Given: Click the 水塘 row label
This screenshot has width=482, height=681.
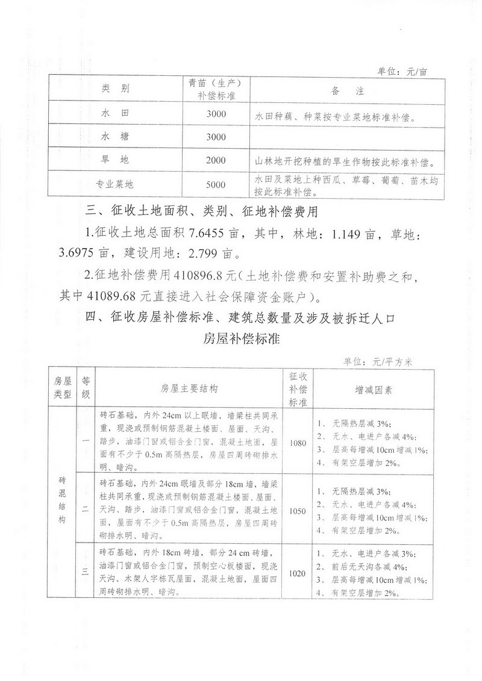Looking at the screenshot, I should click(x=116, y=137).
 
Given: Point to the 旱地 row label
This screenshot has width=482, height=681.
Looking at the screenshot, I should click(x=116, y=160).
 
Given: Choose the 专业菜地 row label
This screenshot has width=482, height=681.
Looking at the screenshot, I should click(x=116, y=184).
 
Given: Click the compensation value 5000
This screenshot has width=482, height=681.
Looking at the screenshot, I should click(x=216, y=184).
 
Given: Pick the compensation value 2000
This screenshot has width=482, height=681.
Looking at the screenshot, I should click(x=216, y=160).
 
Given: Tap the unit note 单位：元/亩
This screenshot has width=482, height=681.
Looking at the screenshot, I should click(x=402, y=71).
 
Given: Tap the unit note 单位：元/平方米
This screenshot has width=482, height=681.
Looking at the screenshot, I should click(x=377, y=361).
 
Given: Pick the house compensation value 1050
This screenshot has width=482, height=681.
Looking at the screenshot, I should click(x=298, y=511).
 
